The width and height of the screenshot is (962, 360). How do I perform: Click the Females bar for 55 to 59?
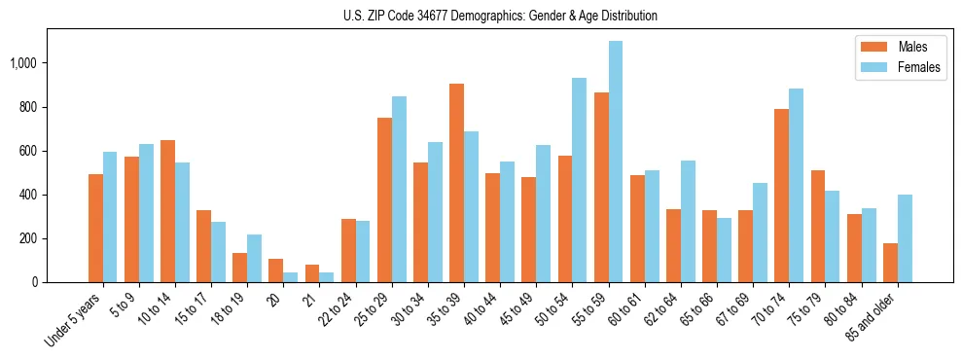616,162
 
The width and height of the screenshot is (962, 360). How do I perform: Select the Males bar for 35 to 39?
456,183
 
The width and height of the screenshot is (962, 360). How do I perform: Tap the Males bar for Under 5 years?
95,228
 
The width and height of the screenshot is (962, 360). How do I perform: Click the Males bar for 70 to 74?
781,196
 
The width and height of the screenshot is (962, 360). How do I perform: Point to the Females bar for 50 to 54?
580,180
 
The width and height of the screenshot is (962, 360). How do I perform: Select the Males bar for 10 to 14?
167,211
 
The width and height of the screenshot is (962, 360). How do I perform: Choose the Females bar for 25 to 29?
399,189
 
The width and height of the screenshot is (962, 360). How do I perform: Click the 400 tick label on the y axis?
29,195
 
